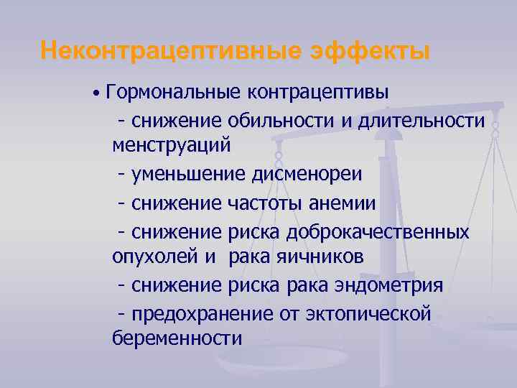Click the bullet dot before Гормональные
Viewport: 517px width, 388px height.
(95, 94)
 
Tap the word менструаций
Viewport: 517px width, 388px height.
(172, 147)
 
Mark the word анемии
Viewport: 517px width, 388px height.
(342, 203)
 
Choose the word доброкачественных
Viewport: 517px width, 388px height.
(378, 231)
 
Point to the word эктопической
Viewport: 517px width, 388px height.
(368, 314)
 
